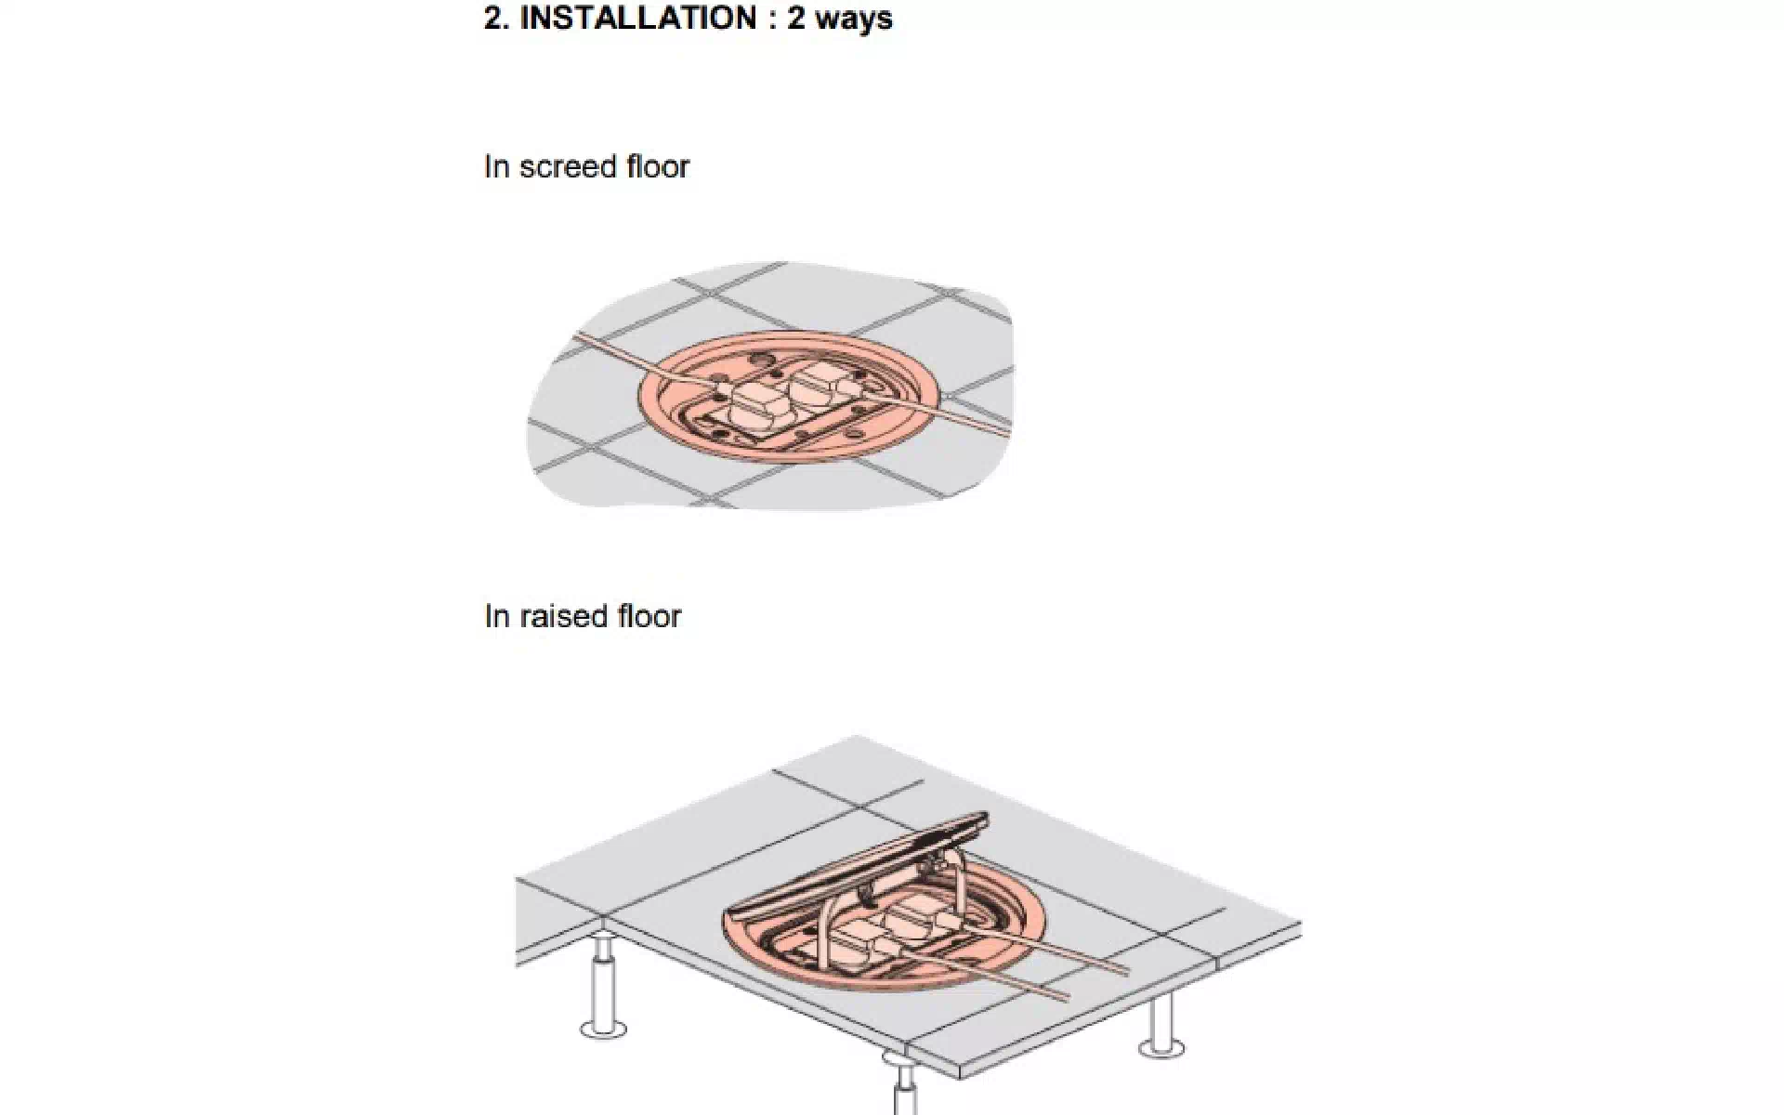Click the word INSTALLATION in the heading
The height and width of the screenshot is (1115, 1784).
[x=639, y=18]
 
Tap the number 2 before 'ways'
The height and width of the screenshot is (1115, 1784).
[x=796, y=18]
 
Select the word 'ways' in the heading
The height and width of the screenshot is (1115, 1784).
[x=854, y=20]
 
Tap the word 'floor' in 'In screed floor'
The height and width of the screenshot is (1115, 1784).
[x=656, y=166]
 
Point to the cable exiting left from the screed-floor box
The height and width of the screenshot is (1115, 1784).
[x=641, y=358]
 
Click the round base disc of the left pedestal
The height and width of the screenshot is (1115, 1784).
[x=603, y=1029]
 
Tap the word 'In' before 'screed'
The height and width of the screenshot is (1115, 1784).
[x=497, y=166]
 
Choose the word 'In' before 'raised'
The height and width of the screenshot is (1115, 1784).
[x=497, y=616]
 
